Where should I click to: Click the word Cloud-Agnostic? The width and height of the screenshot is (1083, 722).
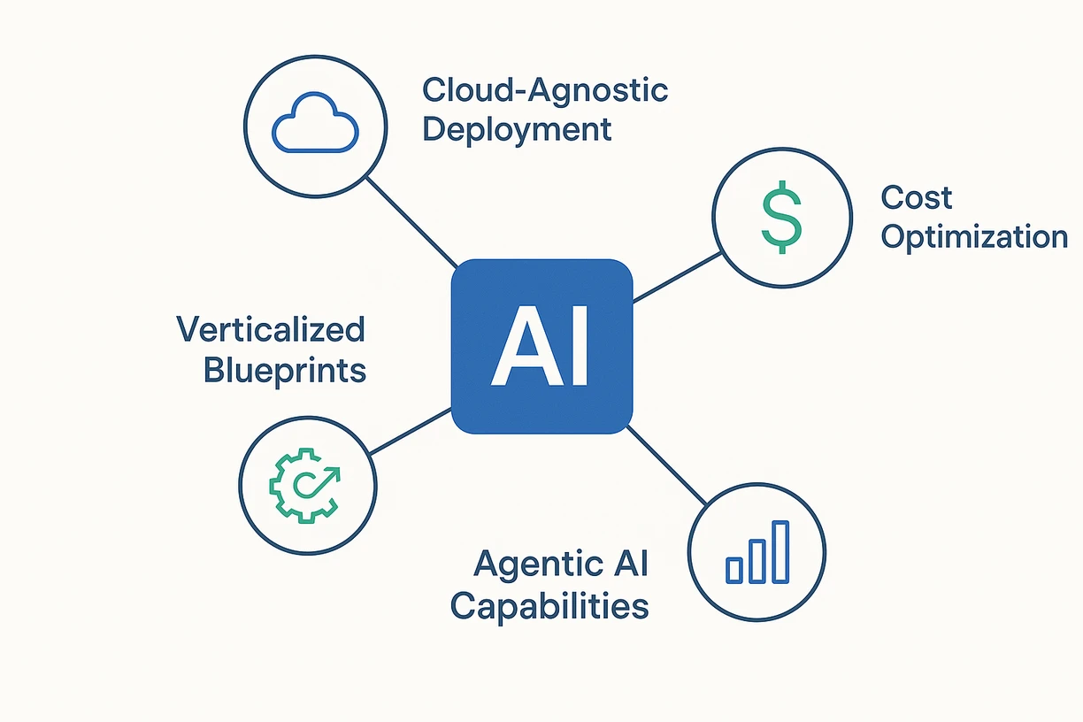545,90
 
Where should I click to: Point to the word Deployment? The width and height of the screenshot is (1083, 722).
517,129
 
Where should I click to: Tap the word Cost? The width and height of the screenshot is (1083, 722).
917,197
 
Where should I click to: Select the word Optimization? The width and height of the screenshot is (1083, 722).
974,237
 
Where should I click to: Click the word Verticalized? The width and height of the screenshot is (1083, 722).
271,330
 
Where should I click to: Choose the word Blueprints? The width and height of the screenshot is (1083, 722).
284,370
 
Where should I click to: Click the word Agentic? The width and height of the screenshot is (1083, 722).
528,564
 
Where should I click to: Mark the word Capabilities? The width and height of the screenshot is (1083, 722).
549,606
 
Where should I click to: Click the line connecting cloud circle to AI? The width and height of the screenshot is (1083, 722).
411,221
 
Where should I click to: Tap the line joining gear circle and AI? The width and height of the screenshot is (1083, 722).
410,432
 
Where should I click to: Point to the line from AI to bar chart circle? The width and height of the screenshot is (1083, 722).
668,466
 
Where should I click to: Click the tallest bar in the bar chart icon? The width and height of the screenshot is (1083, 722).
780,552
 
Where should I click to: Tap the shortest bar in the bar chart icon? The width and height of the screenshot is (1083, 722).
734,570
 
